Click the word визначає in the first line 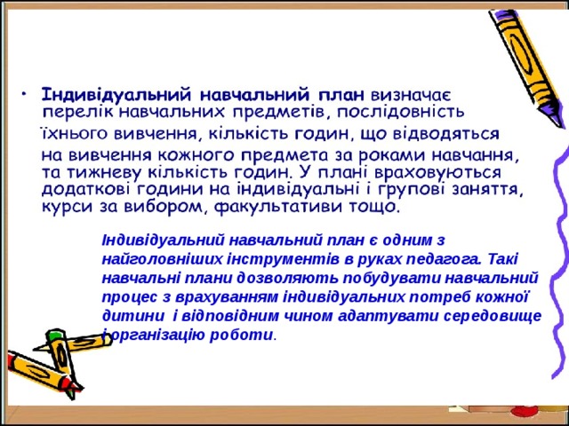pyautogui.click(x=414, y=93)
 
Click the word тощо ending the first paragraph pyautogui.click(x=376, y=208)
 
